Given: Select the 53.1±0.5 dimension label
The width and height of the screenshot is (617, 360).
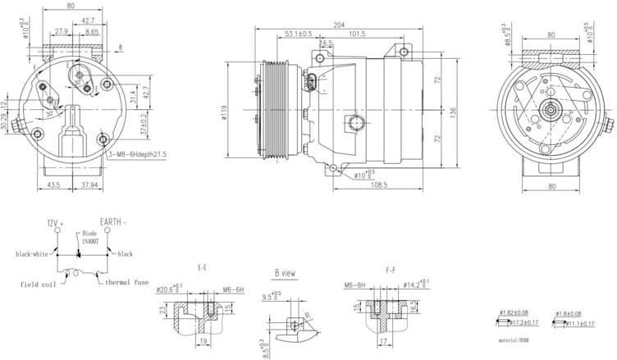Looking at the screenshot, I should (x=298, y=34).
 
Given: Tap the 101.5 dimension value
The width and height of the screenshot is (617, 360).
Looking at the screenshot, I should (x=357, y=34).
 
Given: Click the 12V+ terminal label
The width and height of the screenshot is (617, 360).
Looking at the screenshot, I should (x=54, y=222).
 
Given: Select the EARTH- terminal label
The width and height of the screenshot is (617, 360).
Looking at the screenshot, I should (x=112, y=222).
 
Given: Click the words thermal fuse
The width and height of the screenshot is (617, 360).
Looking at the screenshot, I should (x=126, y=283).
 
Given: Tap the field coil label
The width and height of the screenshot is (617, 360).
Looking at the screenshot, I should (x=38, y=284).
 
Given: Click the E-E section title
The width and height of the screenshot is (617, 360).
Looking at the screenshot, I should (x=202, y=267).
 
